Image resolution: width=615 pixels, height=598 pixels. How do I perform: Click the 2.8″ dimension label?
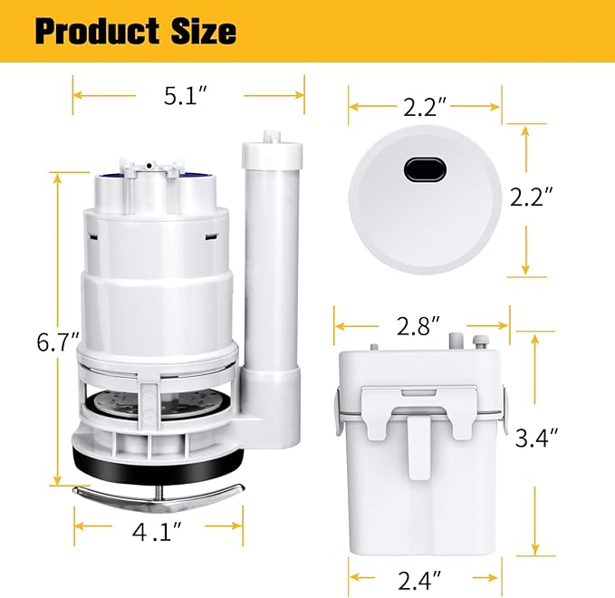(421, 324)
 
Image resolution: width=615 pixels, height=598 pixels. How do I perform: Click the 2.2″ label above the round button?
(426, 108)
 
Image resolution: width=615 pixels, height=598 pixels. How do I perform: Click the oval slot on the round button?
(423, 168)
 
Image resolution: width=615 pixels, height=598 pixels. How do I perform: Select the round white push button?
(424, 208)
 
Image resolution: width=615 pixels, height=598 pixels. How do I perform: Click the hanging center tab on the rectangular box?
(418, 446)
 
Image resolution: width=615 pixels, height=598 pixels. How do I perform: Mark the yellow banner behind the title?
(408, 31)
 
